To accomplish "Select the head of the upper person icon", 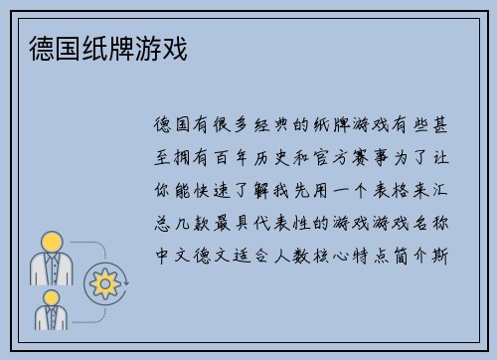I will [51, 242].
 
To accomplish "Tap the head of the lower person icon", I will [51, 297].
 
